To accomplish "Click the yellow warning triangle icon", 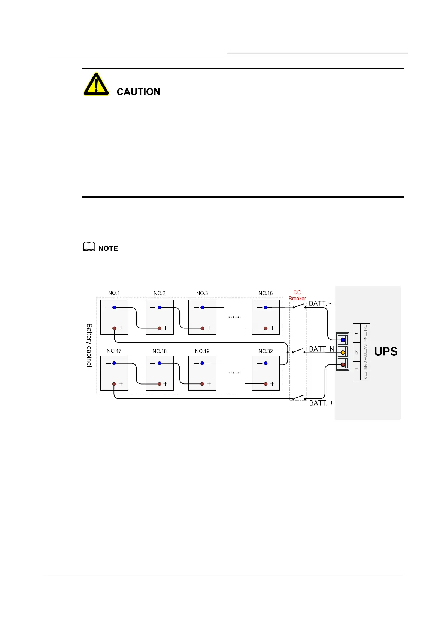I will pos(96,85).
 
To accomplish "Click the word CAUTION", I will pos(138,92).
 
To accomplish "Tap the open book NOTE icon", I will pos(89,247).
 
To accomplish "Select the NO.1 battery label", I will pos(114,293).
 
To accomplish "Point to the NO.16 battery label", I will pos(266,293).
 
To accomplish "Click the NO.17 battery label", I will pos(114,351).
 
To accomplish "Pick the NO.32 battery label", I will pos(266,351).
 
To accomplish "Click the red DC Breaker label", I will pos(297,296).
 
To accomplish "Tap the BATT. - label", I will pos(320,303).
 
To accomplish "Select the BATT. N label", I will pos(321,349).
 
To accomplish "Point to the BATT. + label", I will pos(321,403).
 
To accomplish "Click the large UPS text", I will pos(386,352).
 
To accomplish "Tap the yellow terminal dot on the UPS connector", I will pos(343,352).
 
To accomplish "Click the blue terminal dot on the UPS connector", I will pos(343,340).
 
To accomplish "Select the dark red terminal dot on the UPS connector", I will pos(343,364).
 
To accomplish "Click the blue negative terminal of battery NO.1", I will pos(114,308).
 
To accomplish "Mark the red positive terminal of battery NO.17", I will pos(114,384).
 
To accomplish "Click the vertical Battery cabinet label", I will pos(89,345).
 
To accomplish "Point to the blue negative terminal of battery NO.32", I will pos(266,363).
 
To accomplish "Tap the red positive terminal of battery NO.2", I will pos(160,328).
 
